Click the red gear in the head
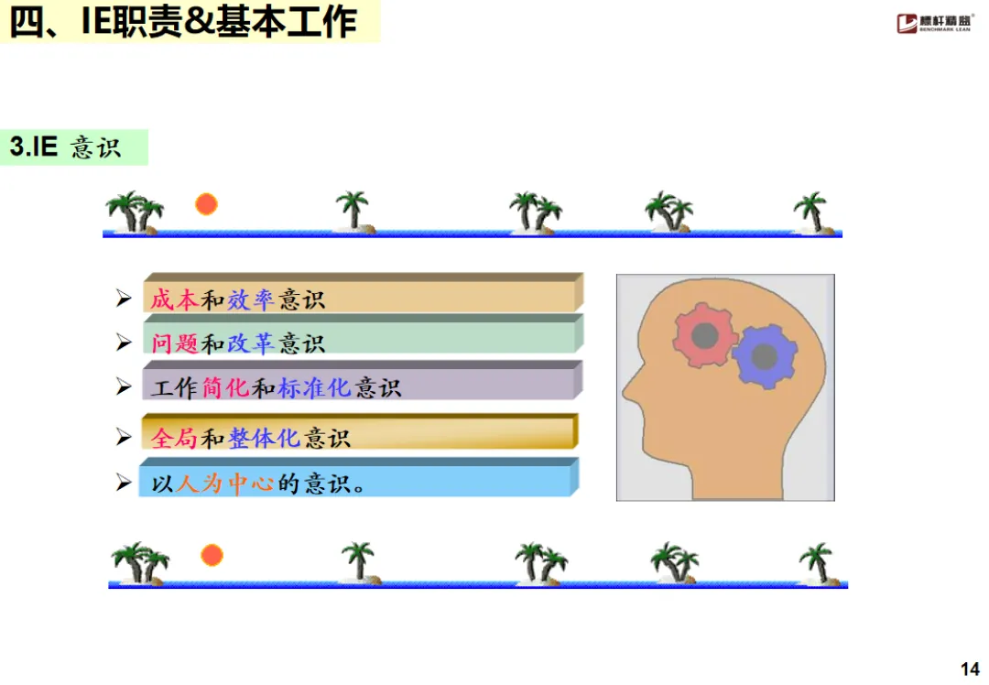(x=703, y=335)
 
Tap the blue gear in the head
(x=764, y=354)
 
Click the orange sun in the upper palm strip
(x=206, y=204)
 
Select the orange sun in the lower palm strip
(x=212, y=555)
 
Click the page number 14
(x=970, y=669)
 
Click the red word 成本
(x=174, y=299)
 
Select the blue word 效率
(x=252, y=299)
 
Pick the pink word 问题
(x=174, y=343)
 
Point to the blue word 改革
(x=252, y=343)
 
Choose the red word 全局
(x=174, y=438)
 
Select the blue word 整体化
(x=265, y=438)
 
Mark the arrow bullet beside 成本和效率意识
(x=124, y=298)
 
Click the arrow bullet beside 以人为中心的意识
(x=124, y=482)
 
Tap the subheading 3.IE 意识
(x=66, y=147)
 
